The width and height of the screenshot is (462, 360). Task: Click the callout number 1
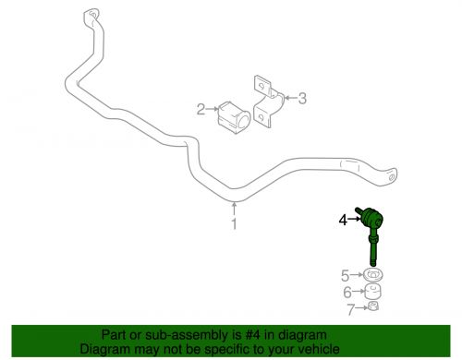pyautogui.click(x=235, y=223)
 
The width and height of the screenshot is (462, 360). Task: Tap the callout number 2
pyautogui.click(x=201, y=109)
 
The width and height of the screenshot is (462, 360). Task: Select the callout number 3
pyautogui.click(x=302, y=98)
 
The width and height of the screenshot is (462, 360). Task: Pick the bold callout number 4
pyautogui.click(x=343, y=220)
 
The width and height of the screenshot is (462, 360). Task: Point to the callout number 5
pyautogui.click(x=346, y=276)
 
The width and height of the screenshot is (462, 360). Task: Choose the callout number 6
pyautogui.click(x=347, y=293)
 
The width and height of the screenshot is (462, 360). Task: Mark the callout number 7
pyautogui.click(x=351, y=309)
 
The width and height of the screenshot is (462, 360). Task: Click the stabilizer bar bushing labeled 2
pyautogui.click(x=234, y=118)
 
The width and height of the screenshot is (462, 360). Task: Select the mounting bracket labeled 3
pyautogui.click(x=268, y=102)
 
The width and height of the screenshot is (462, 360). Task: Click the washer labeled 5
pyautogui.click(x=373, y=275)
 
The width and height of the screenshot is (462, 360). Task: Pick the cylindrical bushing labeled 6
pyautogui.click(x=373, y=292)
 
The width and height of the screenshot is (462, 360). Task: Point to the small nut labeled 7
pyautogui.click(x=373, y=306)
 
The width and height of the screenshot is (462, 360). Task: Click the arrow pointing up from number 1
pyautogui.click(x=235, y=209)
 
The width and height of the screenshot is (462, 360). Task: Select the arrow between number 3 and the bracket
pyautogui.click(x=290, y=98)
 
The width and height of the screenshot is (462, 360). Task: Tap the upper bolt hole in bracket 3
pyautogui.click(x=261, y=86)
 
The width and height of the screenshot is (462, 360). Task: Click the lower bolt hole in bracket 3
pyautogui.click(x=261, y=117)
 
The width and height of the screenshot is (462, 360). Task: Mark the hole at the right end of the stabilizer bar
pyautogui.click(x=391, y=177)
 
